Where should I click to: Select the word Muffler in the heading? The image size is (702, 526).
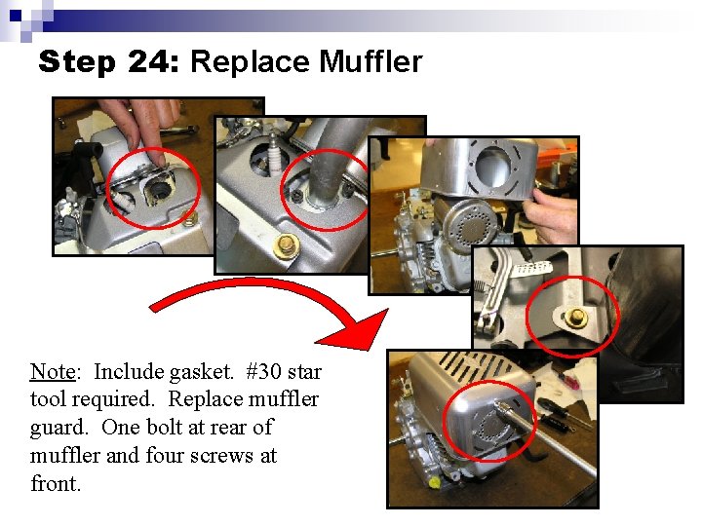pos(370,62)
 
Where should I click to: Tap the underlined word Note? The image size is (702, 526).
pos(53,371)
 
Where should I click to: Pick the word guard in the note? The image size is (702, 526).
pos(56,428)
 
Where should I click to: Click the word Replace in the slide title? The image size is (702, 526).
pos(251,62)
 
